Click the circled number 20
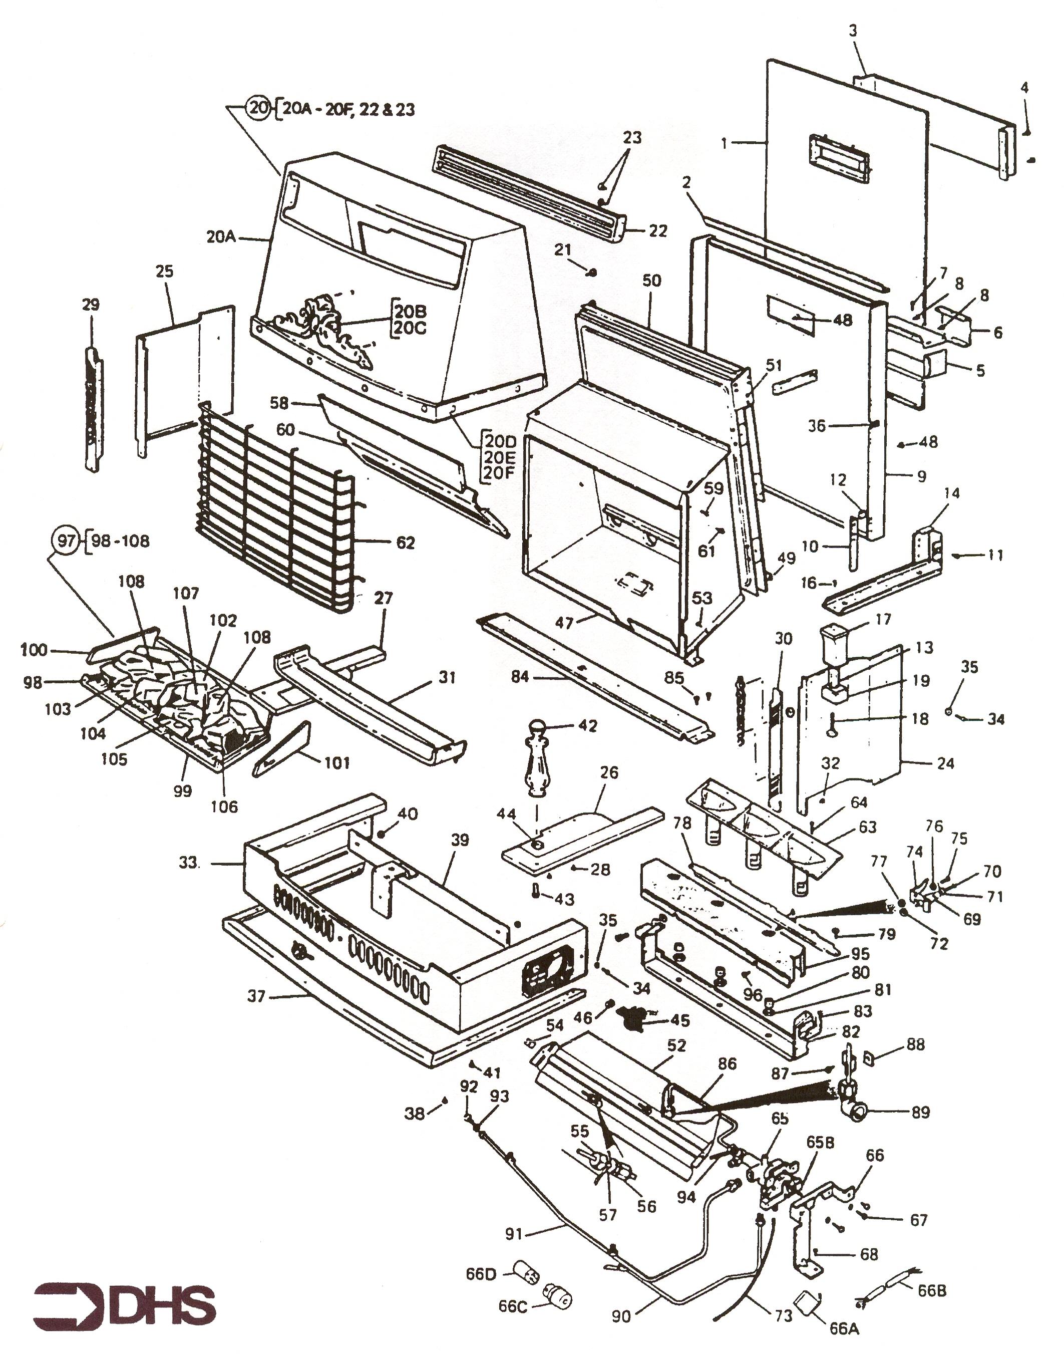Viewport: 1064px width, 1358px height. point(257,108)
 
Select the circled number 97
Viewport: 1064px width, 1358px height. point(67,540)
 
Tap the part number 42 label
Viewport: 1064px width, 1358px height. point(587,725)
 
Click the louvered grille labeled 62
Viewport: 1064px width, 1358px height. point(274,511)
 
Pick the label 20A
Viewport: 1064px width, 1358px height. point(221,237)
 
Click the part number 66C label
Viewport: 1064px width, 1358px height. point(512,1305)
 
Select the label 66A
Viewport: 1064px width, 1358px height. point(844,1329)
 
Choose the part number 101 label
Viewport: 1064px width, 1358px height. point(336,762)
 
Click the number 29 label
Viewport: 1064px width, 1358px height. point(91,305)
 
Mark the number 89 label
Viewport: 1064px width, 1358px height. point(920,1112)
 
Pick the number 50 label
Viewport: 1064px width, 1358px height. point(651,281)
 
